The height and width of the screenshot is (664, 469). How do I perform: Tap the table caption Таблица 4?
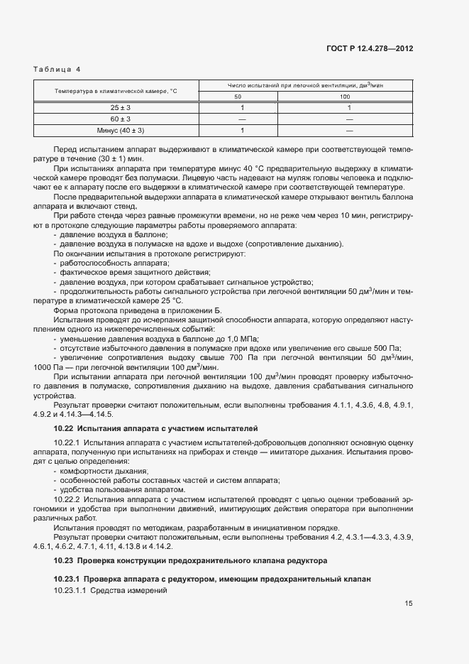tap(57, 69)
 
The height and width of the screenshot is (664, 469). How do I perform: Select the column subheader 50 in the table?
tap(238, 96)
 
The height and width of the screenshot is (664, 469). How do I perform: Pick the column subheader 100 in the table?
tap(345, 96)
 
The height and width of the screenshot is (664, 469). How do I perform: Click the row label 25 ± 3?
tap(120, 107)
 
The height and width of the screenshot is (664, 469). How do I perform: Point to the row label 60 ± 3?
tap(120, 119)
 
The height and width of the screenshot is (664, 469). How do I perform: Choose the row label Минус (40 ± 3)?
tap(120, 131)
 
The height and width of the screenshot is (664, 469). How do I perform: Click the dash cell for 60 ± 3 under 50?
tap(242, 119)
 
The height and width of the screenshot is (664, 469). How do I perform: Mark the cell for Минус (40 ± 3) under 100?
tap(349, 131)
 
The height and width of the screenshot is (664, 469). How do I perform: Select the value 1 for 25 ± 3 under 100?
tap(349, 107)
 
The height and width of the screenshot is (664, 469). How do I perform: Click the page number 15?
tap(409, 603)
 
